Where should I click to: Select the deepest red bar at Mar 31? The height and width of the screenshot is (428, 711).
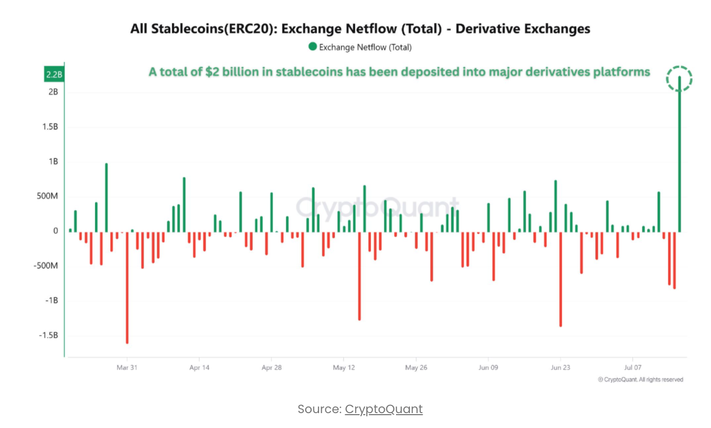127,287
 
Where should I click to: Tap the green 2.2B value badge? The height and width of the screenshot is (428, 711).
54,75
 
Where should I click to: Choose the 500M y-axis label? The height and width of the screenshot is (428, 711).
48,197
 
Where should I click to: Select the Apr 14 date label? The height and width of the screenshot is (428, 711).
199,367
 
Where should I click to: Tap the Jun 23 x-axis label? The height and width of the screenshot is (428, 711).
560,367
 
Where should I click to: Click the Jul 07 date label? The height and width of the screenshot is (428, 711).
633,367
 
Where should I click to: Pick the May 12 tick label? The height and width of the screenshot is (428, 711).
344,367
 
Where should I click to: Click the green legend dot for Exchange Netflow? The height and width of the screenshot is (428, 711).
312,47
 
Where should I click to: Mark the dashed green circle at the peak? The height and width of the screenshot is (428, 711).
679,79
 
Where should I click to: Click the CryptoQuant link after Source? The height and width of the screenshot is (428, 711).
384,409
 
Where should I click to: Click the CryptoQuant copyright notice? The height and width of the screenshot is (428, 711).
641,380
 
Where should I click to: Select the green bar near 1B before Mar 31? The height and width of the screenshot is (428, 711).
106,198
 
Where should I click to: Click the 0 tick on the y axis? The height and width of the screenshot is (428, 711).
56,231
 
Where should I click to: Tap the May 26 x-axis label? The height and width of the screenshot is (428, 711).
416,367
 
